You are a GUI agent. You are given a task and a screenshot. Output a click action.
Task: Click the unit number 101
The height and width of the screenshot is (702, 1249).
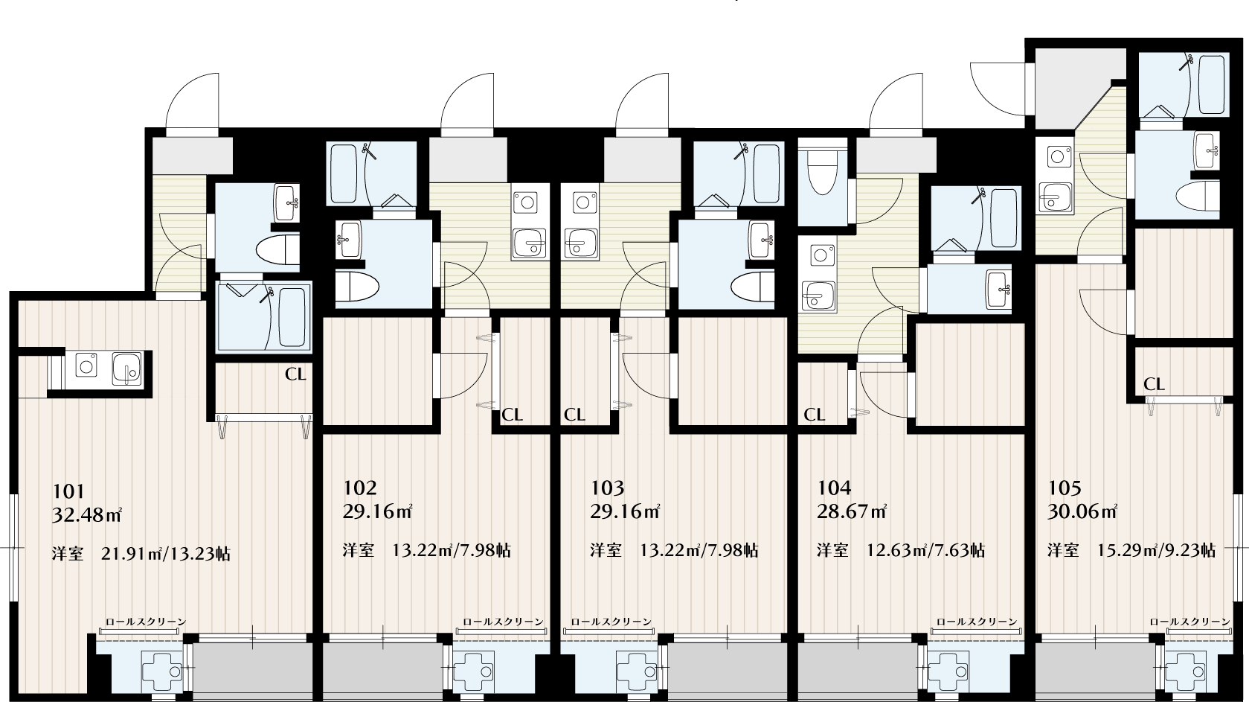(x=68, y=491)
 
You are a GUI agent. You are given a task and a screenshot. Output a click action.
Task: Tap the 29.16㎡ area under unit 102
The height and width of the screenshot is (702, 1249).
(x=377, y=511)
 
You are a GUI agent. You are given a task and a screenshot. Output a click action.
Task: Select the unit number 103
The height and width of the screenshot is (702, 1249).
(x=607, y=488)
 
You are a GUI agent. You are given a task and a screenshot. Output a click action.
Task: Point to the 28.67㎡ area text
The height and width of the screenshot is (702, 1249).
(x=852, y=511)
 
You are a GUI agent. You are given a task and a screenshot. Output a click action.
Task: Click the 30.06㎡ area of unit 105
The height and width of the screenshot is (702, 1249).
(x=1082, y=511)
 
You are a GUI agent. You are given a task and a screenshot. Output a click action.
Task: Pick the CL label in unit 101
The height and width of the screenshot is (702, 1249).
(x=295, y=374)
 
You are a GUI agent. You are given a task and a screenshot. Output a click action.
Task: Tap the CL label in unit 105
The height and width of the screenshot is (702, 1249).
(x=1155, y=384)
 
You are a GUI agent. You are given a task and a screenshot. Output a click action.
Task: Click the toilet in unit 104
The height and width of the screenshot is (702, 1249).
(x=823, y=172)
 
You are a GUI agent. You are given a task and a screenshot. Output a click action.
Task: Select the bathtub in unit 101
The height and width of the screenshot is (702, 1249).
(x=291, y=316)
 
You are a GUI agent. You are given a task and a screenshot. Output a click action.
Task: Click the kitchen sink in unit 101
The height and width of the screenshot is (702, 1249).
(x=127, y=368)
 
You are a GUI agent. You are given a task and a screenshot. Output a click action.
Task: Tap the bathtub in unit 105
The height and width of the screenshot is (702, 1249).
(x=1212, y=84)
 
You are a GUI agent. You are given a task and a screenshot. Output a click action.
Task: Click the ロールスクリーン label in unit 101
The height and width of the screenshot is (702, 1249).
(x=146, y=621)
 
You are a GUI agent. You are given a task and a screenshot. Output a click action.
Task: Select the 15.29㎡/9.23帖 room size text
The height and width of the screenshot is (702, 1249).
(x=1156, y=551)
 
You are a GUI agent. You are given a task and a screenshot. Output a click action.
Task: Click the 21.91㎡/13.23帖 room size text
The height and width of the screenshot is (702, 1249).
(x=166, y=554)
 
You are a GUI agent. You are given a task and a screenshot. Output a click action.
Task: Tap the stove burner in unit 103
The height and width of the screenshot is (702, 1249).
(x=582, y=202)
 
